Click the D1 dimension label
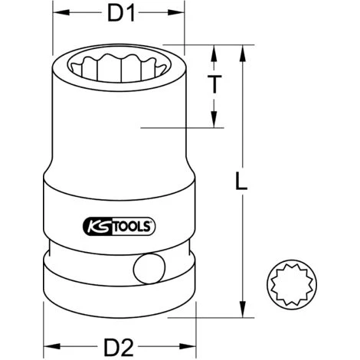click(x=121, y=13)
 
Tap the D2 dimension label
click(x=119, y=347)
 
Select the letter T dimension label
click(x=214, y=84)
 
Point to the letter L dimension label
click(x=241, y=181)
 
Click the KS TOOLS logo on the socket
click(x=119, y=227)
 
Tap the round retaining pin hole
click(x=149, y=269)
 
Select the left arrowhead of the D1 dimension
click(x=61, y=12)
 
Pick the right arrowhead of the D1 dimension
click(x=176, y=12)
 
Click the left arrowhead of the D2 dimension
click(x=51, y=346)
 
